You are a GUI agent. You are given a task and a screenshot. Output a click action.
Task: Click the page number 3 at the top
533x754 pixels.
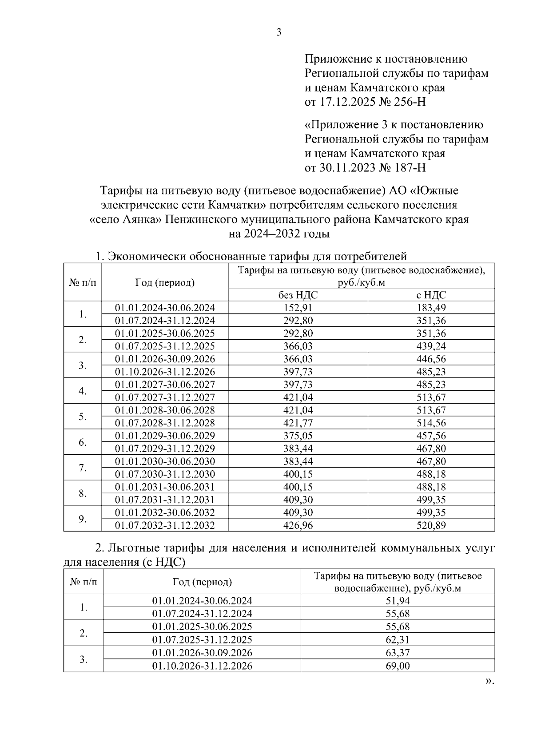(279, 32)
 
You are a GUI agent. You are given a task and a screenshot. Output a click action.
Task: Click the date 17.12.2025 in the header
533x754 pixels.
(346, 102)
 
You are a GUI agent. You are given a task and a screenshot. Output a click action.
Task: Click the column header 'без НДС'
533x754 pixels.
(298, 295)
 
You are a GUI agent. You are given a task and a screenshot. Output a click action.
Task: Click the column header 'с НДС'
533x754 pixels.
(431, 295)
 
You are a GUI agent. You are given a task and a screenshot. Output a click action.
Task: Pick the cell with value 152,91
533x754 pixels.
(298, 308)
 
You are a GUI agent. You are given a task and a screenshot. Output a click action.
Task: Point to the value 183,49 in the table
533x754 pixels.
(431, 308)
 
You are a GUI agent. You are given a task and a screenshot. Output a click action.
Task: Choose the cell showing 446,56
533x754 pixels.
(431, 359)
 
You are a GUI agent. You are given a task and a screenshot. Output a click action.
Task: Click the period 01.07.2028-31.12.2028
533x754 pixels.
(165, 423)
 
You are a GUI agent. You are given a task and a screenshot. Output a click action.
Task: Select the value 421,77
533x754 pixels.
(298, 423)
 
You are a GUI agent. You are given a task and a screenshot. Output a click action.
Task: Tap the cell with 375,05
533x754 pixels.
(298, 436)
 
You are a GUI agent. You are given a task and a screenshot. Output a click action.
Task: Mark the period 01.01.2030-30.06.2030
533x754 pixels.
(165, 461)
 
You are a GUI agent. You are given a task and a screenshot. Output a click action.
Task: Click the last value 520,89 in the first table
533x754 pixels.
(431, 525)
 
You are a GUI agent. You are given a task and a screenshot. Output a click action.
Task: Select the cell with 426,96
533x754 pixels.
(298, 525)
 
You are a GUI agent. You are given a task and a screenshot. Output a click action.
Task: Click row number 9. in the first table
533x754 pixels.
(83, 519)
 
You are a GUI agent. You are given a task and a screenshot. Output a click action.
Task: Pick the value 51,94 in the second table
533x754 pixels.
(398, 601)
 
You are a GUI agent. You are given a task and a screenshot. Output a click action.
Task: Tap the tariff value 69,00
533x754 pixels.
(398, 666)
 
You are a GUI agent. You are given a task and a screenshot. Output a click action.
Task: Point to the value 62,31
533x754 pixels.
(398, 639)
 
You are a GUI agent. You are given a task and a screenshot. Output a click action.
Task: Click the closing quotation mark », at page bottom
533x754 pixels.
(489, 681)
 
